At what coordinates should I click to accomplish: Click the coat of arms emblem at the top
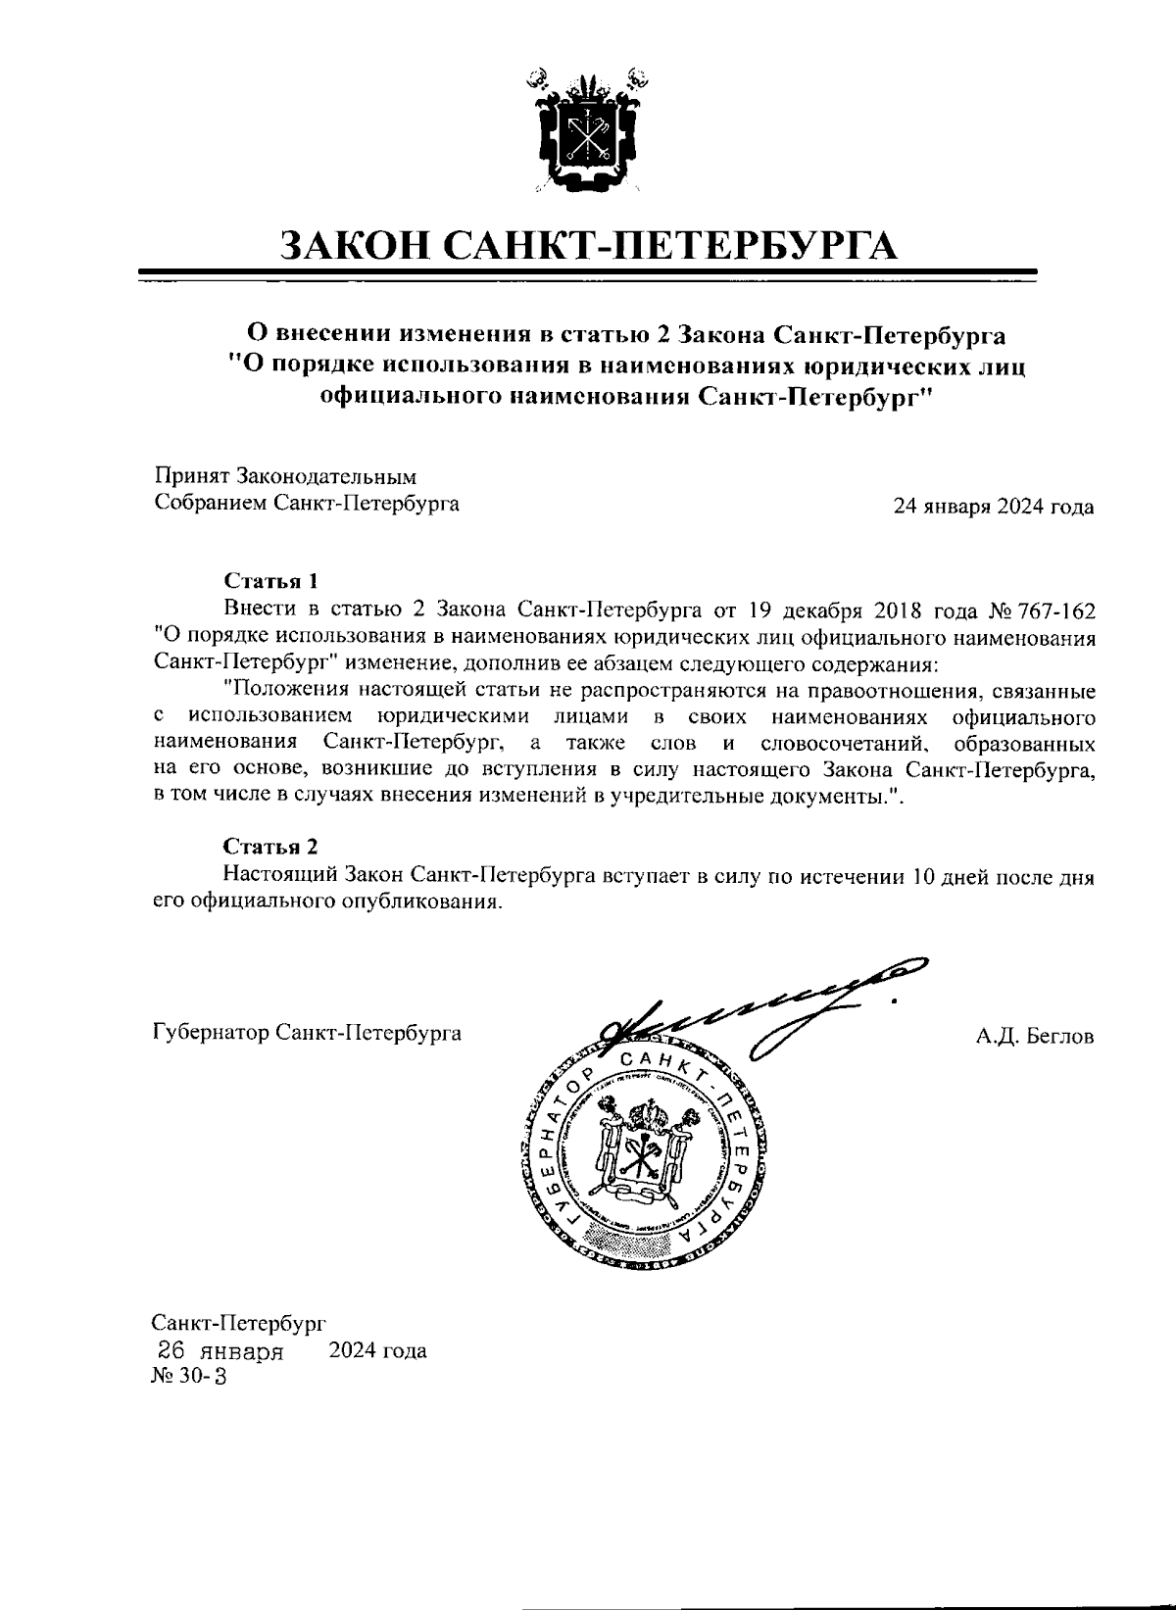pyautogui.click(x=587, y=127)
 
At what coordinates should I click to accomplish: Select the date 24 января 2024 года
pyautogui.click(x=993, y=507)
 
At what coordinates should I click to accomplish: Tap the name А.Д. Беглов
pyautogui.click(x=1035, y=1036)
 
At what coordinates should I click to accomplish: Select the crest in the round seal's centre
pyautogui.click(x=643, y=1147)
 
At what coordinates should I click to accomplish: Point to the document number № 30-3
pyautogui.click(x=188, y=1377)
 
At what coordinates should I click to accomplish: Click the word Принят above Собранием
pyautogui.click(x=191, y=477)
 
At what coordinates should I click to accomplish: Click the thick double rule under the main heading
pyautogui.click(x=588, y=273)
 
